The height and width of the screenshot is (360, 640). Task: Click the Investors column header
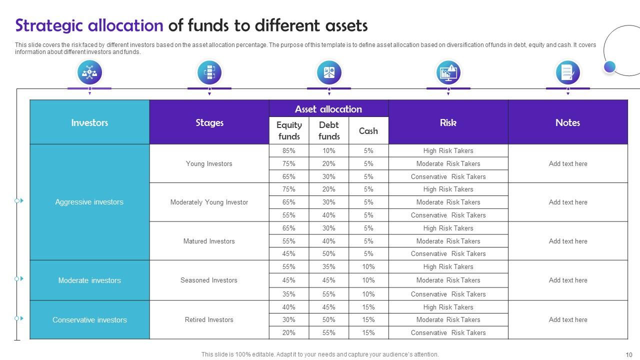click(89, 122)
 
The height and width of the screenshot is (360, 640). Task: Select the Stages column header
click(209, 122)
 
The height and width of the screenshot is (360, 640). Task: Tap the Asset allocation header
click(328, 109)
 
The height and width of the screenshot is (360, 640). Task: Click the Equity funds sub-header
click(289, 130)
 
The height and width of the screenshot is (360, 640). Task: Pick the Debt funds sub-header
click(329, 130)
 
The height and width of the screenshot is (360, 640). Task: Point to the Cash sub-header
click(368, 131)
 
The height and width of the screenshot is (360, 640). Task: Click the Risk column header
click(448, 122)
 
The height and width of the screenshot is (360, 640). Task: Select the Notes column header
click(567, 122)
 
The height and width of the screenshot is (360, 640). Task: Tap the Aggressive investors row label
click(89, 202)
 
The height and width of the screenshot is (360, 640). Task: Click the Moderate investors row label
click(89, 280)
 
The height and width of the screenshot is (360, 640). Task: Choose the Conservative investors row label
click(89, 320)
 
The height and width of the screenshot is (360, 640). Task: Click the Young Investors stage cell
click(209, 163)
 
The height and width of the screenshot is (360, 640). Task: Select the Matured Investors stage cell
click(209, 241)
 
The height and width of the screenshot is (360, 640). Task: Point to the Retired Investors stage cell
click(209, 319)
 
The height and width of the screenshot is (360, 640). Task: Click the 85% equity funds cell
click(289, 150)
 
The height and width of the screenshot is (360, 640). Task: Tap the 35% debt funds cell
click(329, 267)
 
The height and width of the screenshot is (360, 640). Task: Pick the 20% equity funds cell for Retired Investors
click(289, 332)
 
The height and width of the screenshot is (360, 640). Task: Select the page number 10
click(629, 354)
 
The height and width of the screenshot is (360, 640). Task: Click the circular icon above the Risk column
click(448, 72)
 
